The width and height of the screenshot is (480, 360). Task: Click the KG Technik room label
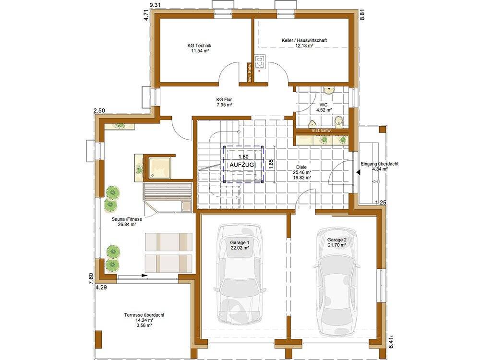tap(200, 46)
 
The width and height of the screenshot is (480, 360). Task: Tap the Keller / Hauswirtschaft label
tap(304, 40)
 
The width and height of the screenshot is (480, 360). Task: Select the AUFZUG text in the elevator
tap(242, 165)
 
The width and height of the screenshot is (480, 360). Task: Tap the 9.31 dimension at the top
tap(155, 5)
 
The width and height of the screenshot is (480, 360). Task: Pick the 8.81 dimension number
tap(362, 14)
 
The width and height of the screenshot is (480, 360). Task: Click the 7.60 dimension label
tap(91, 278)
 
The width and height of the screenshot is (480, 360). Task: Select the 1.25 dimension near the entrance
tap(381, 203)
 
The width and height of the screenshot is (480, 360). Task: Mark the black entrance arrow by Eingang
tap(358, 173)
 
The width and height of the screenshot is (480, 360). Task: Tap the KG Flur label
tap(224, 99)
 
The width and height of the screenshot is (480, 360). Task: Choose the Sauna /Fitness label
tap(127, 219)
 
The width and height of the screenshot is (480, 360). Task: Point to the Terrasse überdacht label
tap(144, 315)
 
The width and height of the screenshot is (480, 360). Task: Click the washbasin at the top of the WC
tap(329, 90)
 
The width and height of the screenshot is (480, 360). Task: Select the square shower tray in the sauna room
tap(159, 168)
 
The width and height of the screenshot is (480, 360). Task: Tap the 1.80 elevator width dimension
tap(243, 157)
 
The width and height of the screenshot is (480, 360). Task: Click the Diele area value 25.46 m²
tap(301, 172)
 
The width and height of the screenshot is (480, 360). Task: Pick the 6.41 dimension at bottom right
tap(391, 342)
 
